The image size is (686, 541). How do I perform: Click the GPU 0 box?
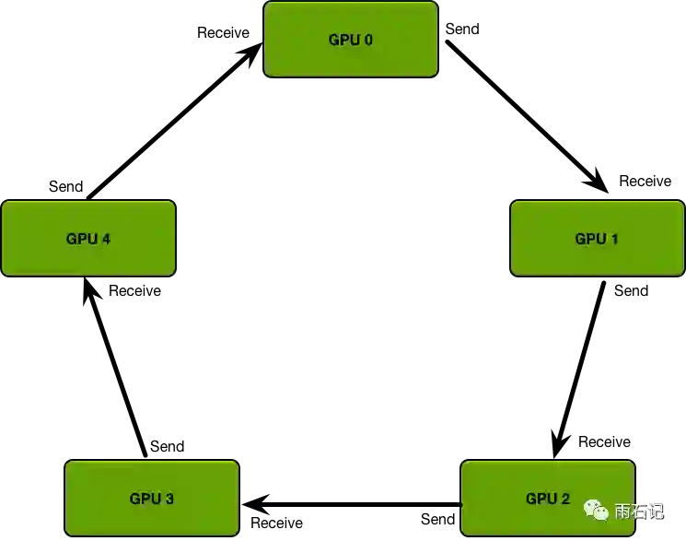click(x=351, y=39)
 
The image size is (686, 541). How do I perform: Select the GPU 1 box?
click(x=597, y=238)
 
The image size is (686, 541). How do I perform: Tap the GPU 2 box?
click(x=547, y=498)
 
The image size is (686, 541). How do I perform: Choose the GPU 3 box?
click(x=152, y=498)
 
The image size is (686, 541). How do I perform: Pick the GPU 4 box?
click(x=88, y=238)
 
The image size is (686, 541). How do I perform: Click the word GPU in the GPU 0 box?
click(x=343, y=40)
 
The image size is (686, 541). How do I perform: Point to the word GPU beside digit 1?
click(x=589, y=239)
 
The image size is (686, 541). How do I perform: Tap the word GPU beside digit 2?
click(x=540, y=499)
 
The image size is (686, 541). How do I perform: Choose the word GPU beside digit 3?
click(x=145, y=499)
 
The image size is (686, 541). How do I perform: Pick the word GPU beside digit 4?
click(x=81, y=239)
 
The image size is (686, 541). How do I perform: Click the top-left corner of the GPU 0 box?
click(x=266, y=4)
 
